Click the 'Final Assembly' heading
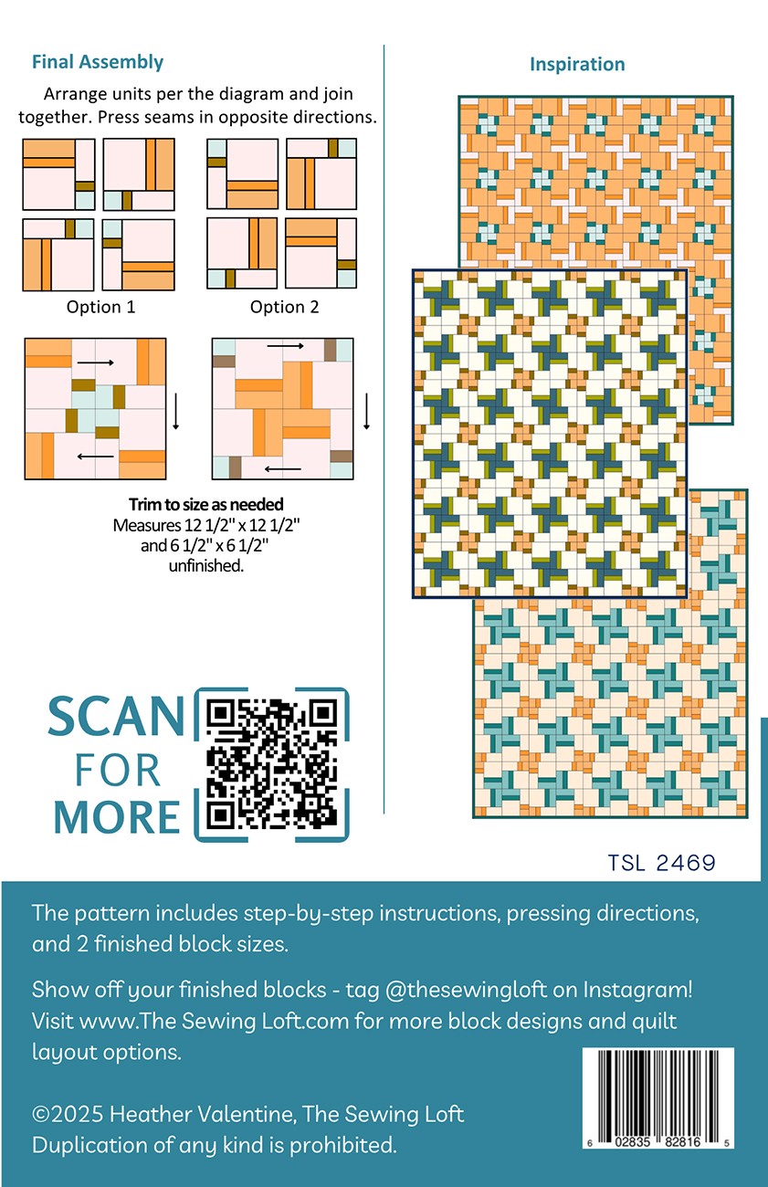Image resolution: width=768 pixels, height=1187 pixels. coord(98,62)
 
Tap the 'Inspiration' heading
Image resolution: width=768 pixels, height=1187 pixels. coord(577,64)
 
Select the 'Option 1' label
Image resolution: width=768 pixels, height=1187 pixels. coord(100,307)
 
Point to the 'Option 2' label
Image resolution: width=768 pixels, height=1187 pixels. coord(285,307)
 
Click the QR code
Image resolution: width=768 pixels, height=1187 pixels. coord(271,764)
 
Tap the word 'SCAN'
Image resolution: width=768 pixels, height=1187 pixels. coord(116,716)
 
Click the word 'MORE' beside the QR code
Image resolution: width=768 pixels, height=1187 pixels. coord(117,816)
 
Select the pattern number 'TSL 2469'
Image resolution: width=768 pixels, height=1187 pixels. coord(661,863)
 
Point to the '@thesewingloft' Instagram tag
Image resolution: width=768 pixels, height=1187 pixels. coord(466,990)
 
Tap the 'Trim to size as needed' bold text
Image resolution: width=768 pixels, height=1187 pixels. coord(206,504)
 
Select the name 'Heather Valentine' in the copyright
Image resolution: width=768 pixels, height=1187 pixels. coord(202,1114)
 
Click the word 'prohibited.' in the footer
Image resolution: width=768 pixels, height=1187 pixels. coord(343,1145)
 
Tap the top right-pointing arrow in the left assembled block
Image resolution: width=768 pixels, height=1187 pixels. coord(96,363)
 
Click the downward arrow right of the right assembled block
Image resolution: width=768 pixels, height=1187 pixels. coord(366,411)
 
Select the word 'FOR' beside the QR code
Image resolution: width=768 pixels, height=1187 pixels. coord(117,770)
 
